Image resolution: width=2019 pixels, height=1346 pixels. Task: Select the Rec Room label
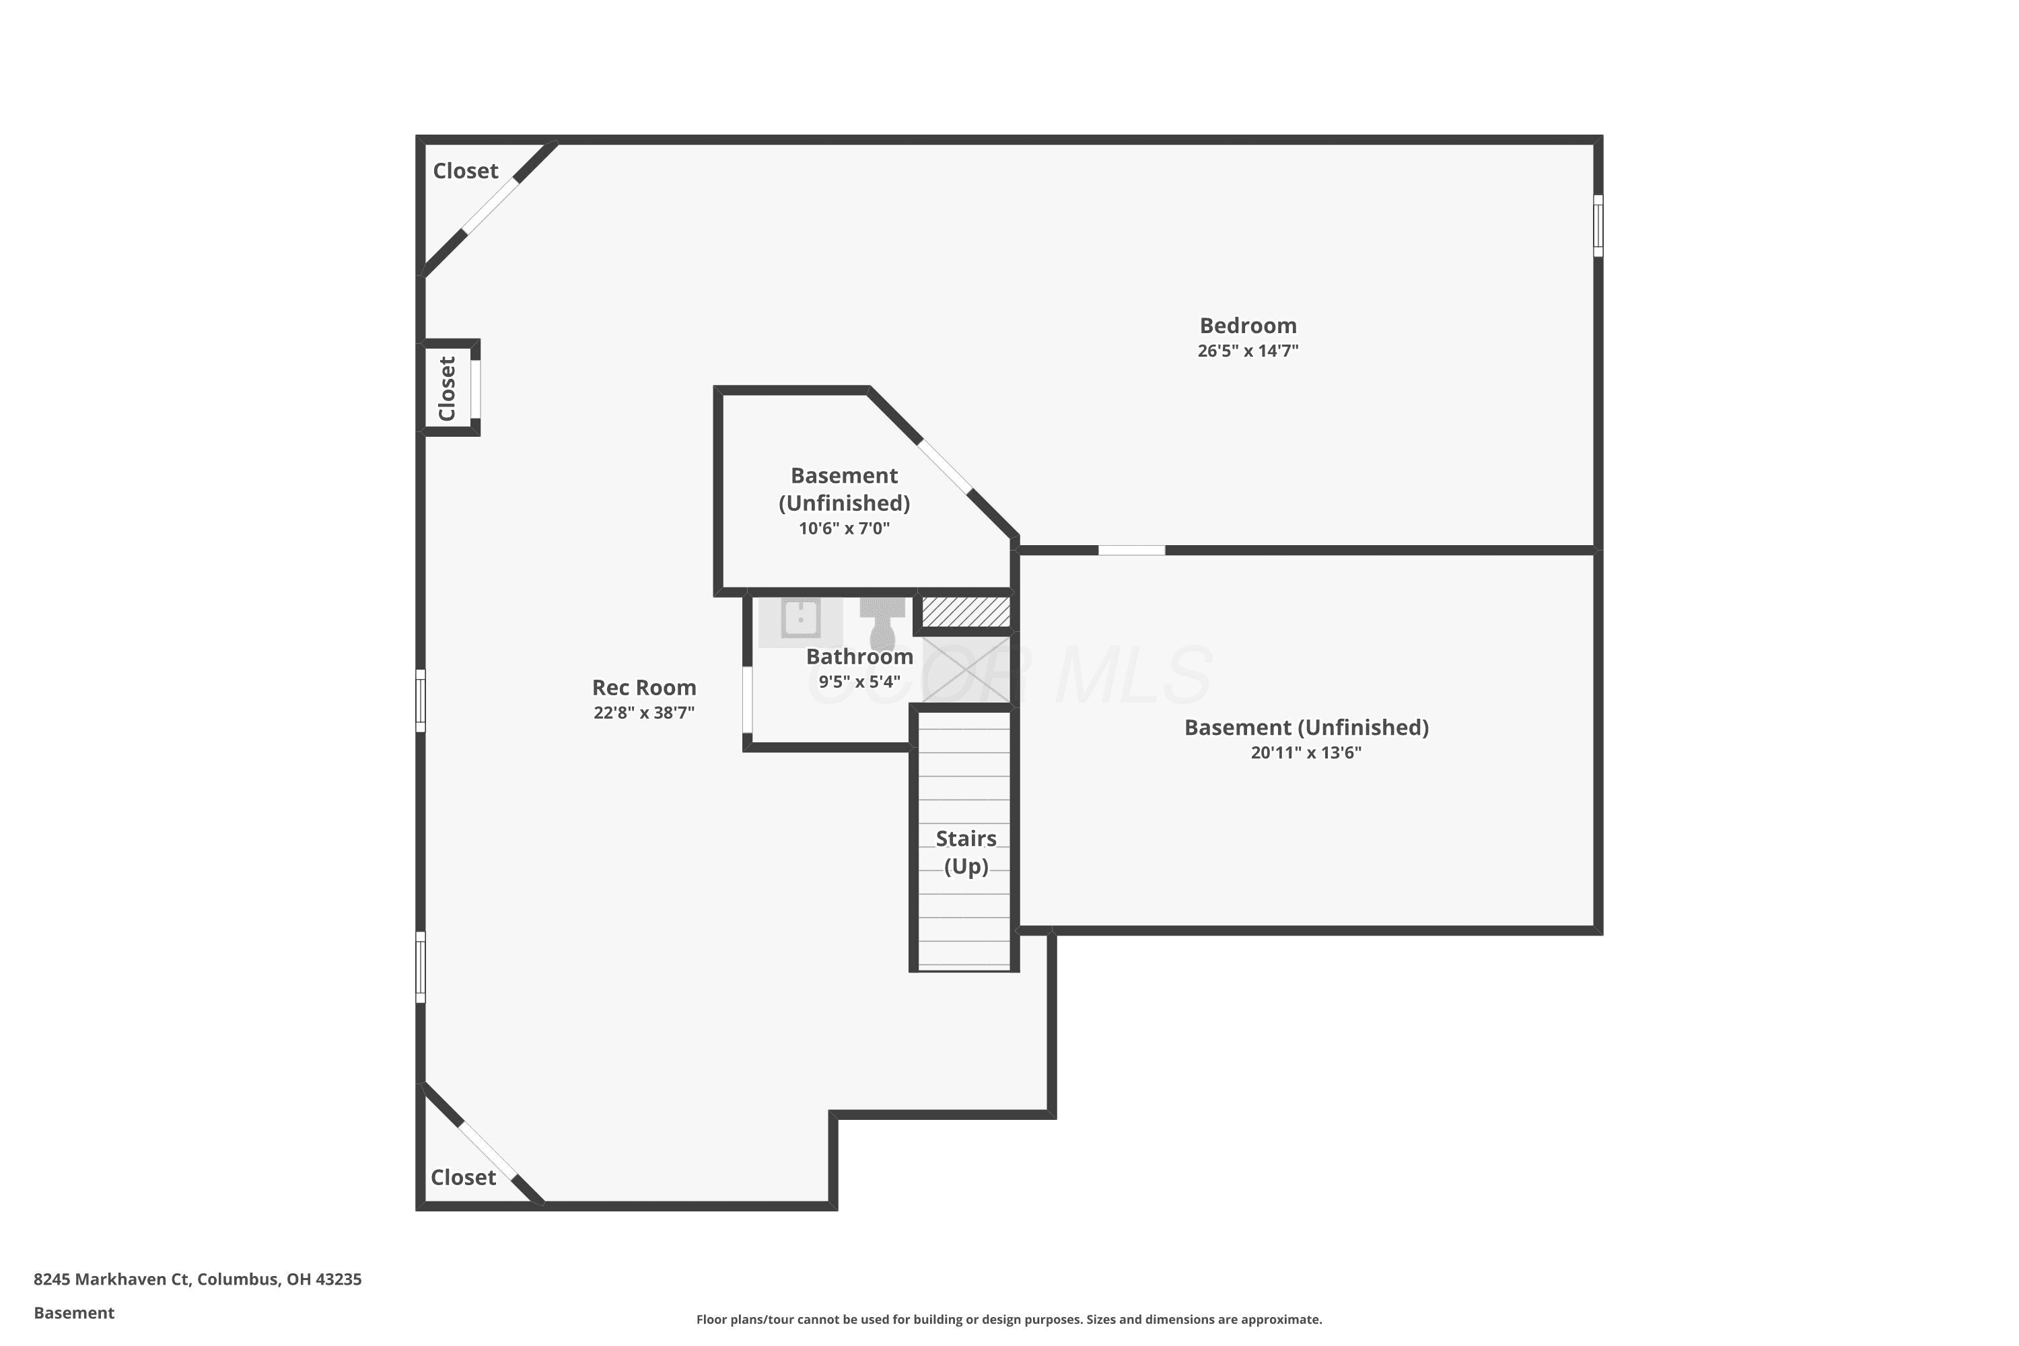[x=644, y=688]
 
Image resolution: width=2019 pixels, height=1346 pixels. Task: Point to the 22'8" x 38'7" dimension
[x=644, y=713]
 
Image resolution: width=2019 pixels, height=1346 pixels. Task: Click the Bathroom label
[x=859, y=657]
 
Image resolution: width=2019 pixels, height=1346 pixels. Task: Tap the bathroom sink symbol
[x=800, y=618]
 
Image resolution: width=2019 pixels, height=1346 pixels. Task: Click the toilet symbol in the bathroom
[x=882, y=623]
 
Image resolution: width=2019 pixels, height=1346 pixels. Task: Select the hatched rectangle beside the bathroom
[x=966, y=611]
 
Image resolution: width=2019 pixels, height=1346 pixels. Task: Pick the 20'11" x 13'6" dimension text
[x=1306, y=753]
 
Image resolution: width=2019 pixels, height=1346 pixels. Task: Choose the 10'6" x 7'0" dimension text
[x=844, y=528]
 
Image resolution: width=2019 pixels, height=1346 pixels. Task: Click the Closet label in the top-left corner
[x=465, y=171]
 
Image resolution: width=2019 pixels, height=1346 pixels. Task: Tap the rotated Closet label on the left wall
[x=446, y=388]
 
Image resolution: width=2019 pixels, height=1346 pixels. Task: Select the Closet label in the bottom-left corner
[x=464, y=1177]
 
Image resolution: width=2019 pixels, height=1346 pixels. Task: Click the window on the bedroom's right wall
[x=1598, y=225]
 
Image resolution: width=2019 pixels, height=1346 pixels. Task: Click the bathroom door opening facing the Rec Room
[x=748, y=700]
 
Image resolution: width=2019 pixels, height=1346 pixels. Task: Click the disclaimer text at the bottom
[x=1009, y=1319]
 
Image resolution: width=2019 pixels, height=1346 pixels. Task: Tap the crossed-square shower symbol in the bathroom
[x=966, y=670]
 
